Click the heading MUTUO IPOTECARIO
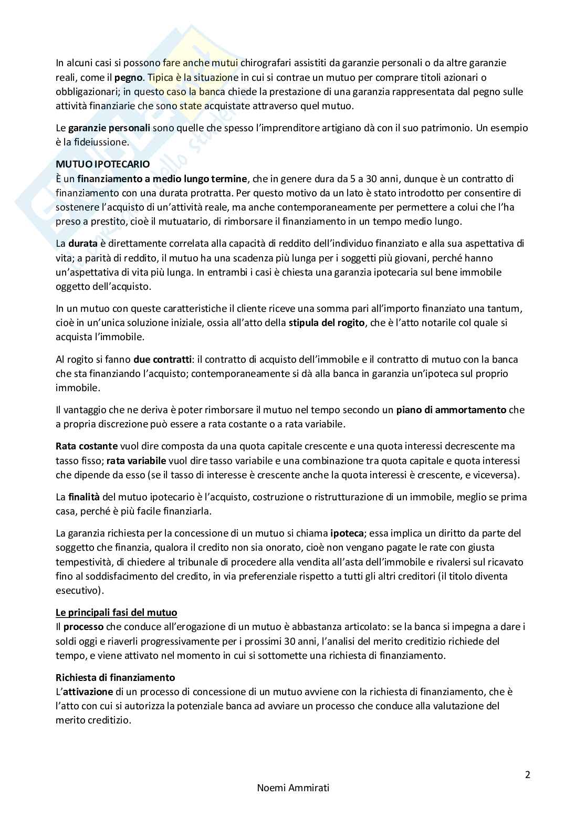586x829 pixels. click(103, 164)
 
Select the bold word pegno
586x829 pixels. click(128, 77)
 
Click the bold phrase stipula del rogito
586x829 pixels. click(326, 323)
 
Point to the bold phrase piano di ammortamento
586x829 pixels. click(451, 410)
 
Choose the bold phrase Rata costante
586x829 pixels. click(87, 446)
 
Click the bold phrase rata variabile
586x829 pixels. click(136, 461)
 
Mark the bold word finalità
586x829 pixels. click(84, 497)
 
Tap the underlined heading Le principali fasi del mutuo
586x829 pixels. click(117, 612)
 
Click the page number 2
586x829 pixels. click(528, 774)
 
